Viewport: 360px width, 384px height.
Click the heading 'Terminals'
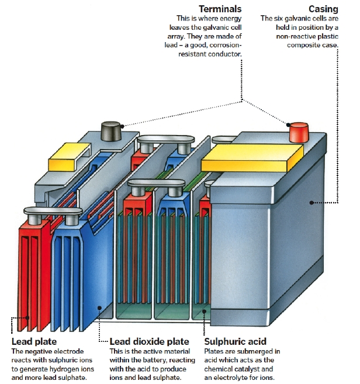pos(220,9)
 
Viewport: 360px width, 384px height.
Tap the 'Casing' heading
pos(324,9)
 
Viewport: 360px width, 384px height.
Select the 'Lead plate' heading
pos(34,341)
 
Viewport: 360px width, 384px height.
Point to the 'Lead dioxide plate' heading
pos(149,341)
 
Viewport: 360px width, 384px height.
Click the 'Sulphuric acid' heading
pos(235,341)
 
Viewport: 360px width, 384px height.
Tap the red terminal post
pos(298,133)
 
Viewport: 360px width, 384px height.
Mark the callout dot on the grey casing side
pos(312,203)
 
